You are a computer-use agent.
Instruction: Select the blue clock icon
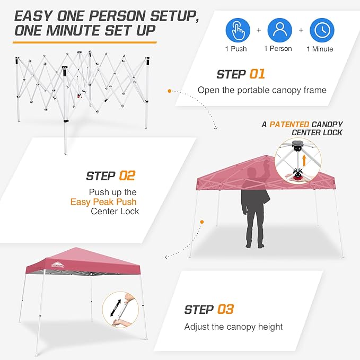click(322, 30)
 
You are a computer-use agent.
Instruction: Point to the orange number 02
click(127, 175)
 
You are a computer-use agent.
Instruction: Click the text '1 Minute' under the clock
click(320, 49)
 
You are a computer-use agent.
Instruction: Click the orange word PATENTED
click(290, 124)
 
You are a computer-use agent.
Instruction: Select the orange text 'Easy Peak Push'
click(103, 201)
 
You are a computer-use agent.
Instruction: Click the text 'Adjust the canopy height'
click(233, 327)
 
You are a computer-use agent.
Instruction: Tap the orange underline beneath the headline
click(85, 41)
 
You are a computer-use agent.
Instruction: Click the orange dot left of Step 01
click(170, 91)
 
